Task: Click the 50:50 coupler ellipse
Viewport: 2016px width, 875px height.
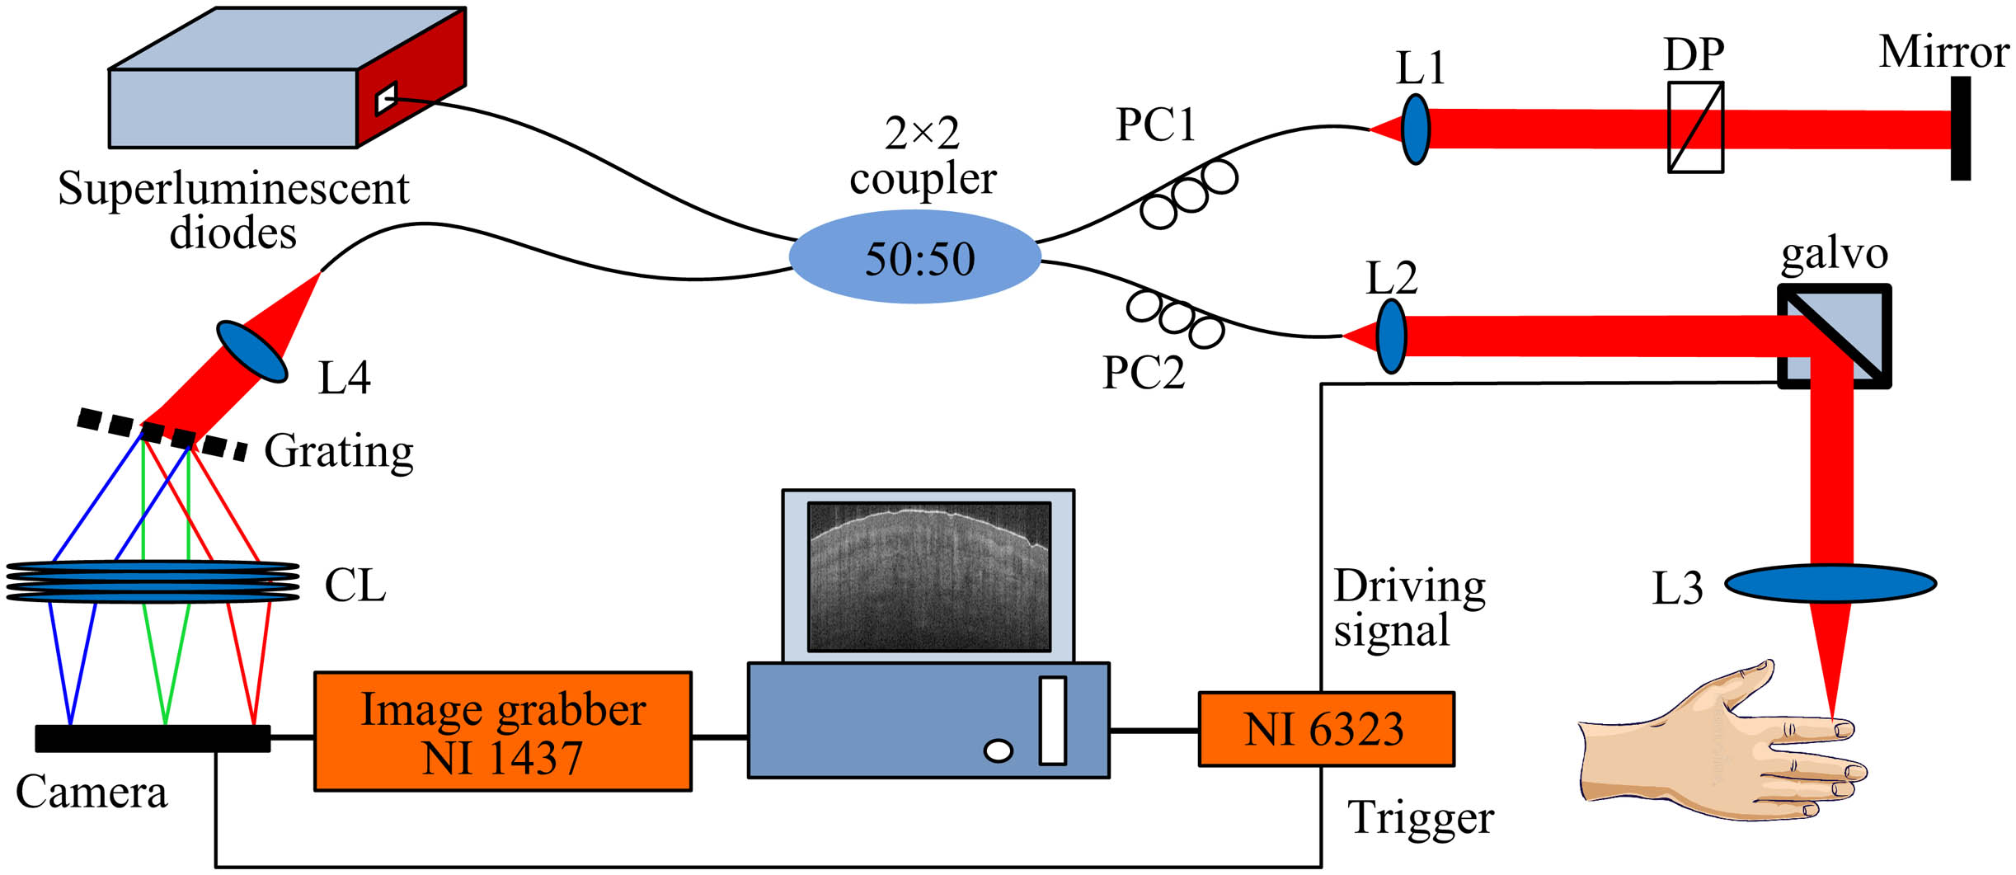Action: pyautogui.click(x=915, y=257)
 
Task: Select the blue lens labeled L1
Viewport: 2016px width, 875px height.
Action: pyautogui.click(x=1415, y=129)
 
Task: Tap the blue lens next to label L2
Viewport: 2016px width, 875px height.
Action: pyautogui.click(x=1391, y=336)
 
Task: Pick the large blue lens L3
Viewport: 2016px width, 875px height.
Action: pyautogui.click(x=1830, y=583)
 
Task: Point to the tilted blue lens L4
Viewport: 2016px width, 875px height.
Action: pyautogui.click(x=252, y=352)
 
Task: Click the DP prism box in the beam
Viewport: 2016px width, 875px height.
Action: pyautogui.click(x=1695, y=127)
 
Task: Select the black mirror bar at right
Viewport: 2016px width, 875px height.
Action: pyautogui.click(x=1960, y=129)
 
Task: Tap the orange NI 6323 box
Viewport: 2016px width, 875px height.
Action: pyautogui.click(x=1326, y=729)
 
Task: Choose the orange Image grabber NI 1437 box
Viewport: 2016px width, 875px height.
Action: pyautogui.click(x=503, y=732)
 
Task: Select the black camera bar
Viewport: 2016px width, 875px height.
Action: pyautogui.click(x=153, y=738)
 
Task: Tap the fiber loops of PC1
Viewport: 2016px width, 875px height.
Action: pyautogui.click(x=1188, y=195)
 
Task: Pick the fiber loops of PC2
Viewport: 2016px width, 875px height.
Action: pyautogui.click(x=1175, y=318)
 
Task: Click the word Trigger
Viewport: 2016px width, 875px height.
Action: pyautogui.click(x=1420, y=818)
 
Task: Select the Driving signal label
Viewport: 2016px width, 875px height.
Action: pyautogui.click(x=1408, y=609)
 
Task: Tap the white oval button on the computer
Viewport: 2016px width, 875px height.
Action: pyautogui.click(x=998, y=750)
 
